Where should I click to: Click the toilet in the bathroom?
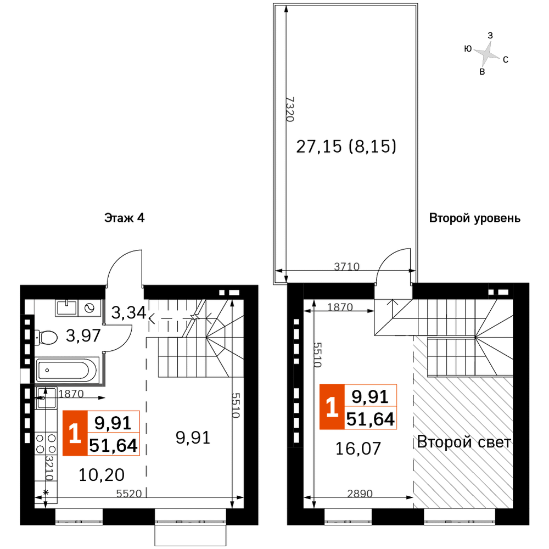click(x=46, y=338)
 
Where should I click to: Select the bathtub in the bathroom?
click(x=67, y=370)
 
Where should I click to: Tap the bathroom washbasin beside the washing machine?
click(x=66, y=308)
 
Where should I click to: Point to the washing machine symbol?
click(x=89, y=308)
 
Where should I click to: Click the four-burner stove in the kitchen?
click(x=46, y=443)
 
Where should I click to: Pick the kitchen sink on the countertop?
click(x=46, y=397)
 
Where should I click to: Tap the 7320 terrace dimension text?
click(x=290, y=109)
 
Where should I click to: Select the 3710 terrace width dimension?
click(x=346, y=267)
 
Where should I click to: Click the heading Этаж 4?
click(x=124, y=218)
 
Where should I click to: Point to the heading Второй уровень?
click(x=475, y=218)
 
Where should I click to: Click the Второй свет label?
click(x=464, y=442)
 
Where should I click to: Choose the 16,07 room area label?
click(x=358, y=449)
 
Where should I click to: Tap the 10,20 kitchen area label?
click(x=102, y=475)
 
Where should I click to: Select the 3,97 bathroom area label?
click(x=83, y=335)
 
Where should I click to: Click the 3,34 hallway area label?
click(x=128, y=312)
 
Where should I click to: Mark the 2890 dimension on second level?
click(x=360, y=494)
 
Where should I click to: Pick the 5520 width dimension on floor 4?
click(x=129, y=494)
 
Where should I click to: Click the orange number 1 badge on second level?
click(x=332, y=407)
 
